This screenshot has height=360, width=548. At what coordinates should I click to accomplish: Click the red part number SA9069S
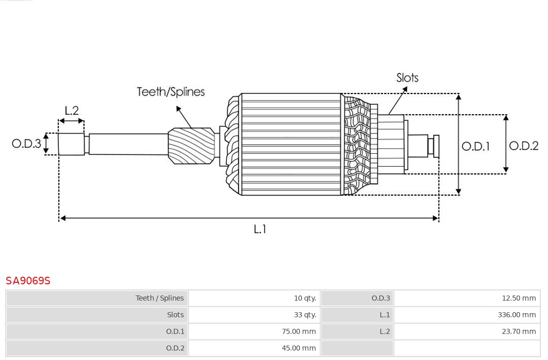pyautogui.click(x=28, y=281)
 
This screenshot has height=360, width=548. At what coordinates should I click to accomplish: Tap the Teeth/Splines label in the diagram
pyautogui.click(x=170, y=92)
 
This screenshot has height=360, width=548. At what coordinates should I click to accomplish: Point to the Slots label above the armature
pyautogui.click(x=407, y=78)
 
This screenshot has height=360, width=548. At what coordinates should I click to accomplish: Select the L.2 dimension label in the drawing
pyautogui.click(x=72, y=111)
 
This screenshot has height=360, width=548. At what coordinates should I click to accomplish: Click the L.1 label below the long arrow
pyautogui.click(x=260, y=230)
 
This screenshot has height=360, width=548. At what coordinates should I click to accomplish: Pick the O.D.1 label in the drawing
pyautogui.click(x=475, y=147)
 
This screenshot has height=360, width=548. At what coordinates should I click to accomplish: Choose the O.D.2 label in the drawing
pyautogui.click(x=523, y=146)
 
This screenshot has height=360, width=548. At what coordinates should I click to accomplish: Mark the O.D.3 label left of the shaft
pyautogui.click(x=26, y=144)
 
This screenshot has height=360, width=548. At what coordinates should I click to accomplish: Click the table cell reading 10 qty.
pyautogui.click(x=304, y=299)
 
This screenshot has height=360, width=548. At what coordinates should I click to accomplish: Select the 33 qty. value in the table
pyautogui.click(x=304, y=315)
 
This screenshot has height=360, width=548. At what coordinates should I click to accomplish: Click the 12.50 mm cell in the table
pyautogui.click(x=519, y=299)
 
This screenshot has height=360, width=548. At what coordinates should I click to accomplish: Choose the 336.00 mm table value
pyautogui.click(x=517, y=315)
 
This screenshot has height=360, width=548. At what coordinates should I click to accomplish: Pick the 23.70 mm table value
pyautogui.click(x=519, y=332)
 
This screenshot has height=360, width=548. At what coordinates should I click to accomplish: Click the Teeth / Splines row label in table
pyautogui.click(x=159, y=299)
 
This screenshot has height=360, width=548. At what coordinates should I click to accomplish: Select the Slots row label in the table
pyautogui.click(x=175, y=315)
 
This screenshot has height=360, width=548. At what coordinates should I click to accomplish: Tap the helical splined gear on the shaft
pyautogui.click(x=191, y=145)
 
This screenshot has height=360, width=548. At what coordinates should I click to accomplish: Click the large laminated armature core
pyautogui.click(x=291, y=144)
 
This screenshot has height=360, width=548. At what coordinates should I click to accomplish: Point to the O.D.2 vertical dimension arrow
pyautogui.click(x=506, y=144)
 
